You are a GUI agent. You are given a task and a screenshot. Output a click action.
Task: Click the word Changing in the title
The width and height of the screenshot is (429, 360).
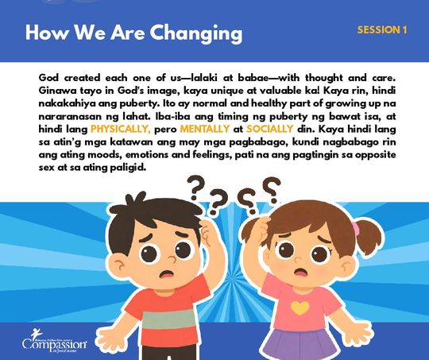[196, 33]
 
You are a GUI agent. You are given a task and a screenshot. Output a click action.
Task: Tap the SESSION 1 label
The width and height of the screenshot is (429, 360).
[382, 30]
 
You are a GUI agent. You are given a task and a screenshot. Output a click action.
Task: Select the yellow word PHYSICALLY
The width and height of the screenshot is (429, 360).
[121, 129]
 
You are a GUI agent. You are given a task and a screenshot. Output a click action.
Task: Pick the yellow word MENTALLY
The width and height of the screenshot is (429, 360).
[205, 129]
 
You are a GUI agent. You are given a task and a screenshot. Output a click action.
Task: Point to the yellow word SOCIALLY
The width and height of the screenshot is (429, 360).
[270, 129]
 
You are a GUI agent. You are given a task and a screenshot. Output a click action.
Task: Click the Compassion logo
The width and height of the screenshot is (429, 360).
[55, 341]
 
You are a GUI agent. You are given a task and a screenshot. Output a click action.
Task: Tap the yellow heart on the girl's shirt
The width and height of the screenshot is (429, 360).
[300, 308]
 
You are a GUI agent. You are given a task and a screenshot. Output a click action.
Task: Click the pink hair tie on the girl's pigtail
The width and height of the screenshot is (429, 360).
[356, 229]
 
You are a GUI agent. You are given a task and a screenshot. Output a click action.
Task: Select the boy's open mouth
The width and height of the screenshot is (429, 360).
[167, 273]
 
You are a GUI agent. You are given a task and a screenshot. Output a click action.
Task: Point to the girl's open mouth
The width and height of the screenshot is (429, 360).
[300, 272]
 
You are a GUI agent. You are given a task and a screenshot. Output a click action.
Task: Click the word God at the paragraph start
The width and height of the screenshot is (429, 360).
[48, 78]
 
